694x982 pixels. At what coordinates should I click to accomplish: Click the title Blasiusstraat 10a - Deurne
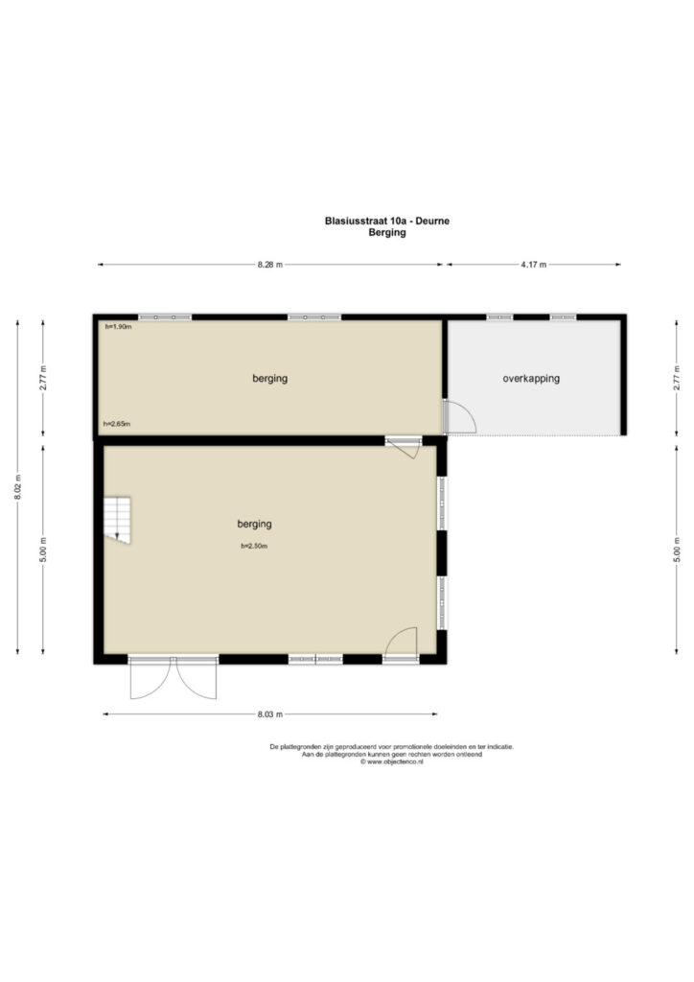click(x=386, y=221)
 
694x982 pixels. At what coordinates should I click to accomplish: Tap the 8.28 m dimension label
click(x=269, y=265)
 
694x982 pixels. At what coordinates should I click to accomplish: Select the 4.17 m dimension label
click(x=533, y=265)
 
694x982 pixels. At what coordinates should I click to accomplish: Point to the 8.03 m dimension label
click(x=269, y=713)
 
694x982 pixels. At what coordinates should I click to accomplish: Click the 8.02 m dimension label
click(x=17, y=487)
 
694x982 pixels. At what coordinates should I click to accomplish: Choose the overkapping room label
click(x=531, y=378)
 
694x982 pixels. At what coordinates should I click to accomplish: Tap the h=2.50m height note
click(x=254, y=546)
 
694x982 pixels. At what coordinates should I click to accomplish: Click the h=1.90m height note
click(x=118, y=326)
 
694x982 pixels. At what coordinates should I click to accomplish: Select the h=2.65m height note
click(x=117, y=424)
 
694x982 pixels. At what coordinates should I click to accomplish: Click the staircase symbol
click(x=117, y=520)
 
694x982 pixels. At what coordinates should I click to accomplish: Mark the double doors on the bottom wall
click(x=173, y=678)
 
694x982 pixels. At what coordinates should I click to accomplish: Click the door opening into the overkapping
click(x=460, y=416)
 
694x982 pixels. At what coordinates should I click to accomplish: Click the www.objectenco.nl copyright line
click(x=392, y=762)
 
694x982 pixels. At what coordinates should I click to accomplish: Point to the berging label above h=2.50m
click(x=255, y=524)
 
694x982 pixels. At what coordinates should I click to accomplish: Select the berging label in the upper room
click(x=269, y=378)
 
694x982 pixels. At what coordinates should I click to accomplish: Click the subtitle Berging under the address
click(x=386, y=232)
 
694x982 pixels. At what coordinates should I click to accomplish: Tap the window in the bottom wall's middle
click(x=315, y=659)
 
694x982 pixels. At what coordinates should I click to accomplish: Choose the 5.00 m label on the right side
click(x=677, y=549)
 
